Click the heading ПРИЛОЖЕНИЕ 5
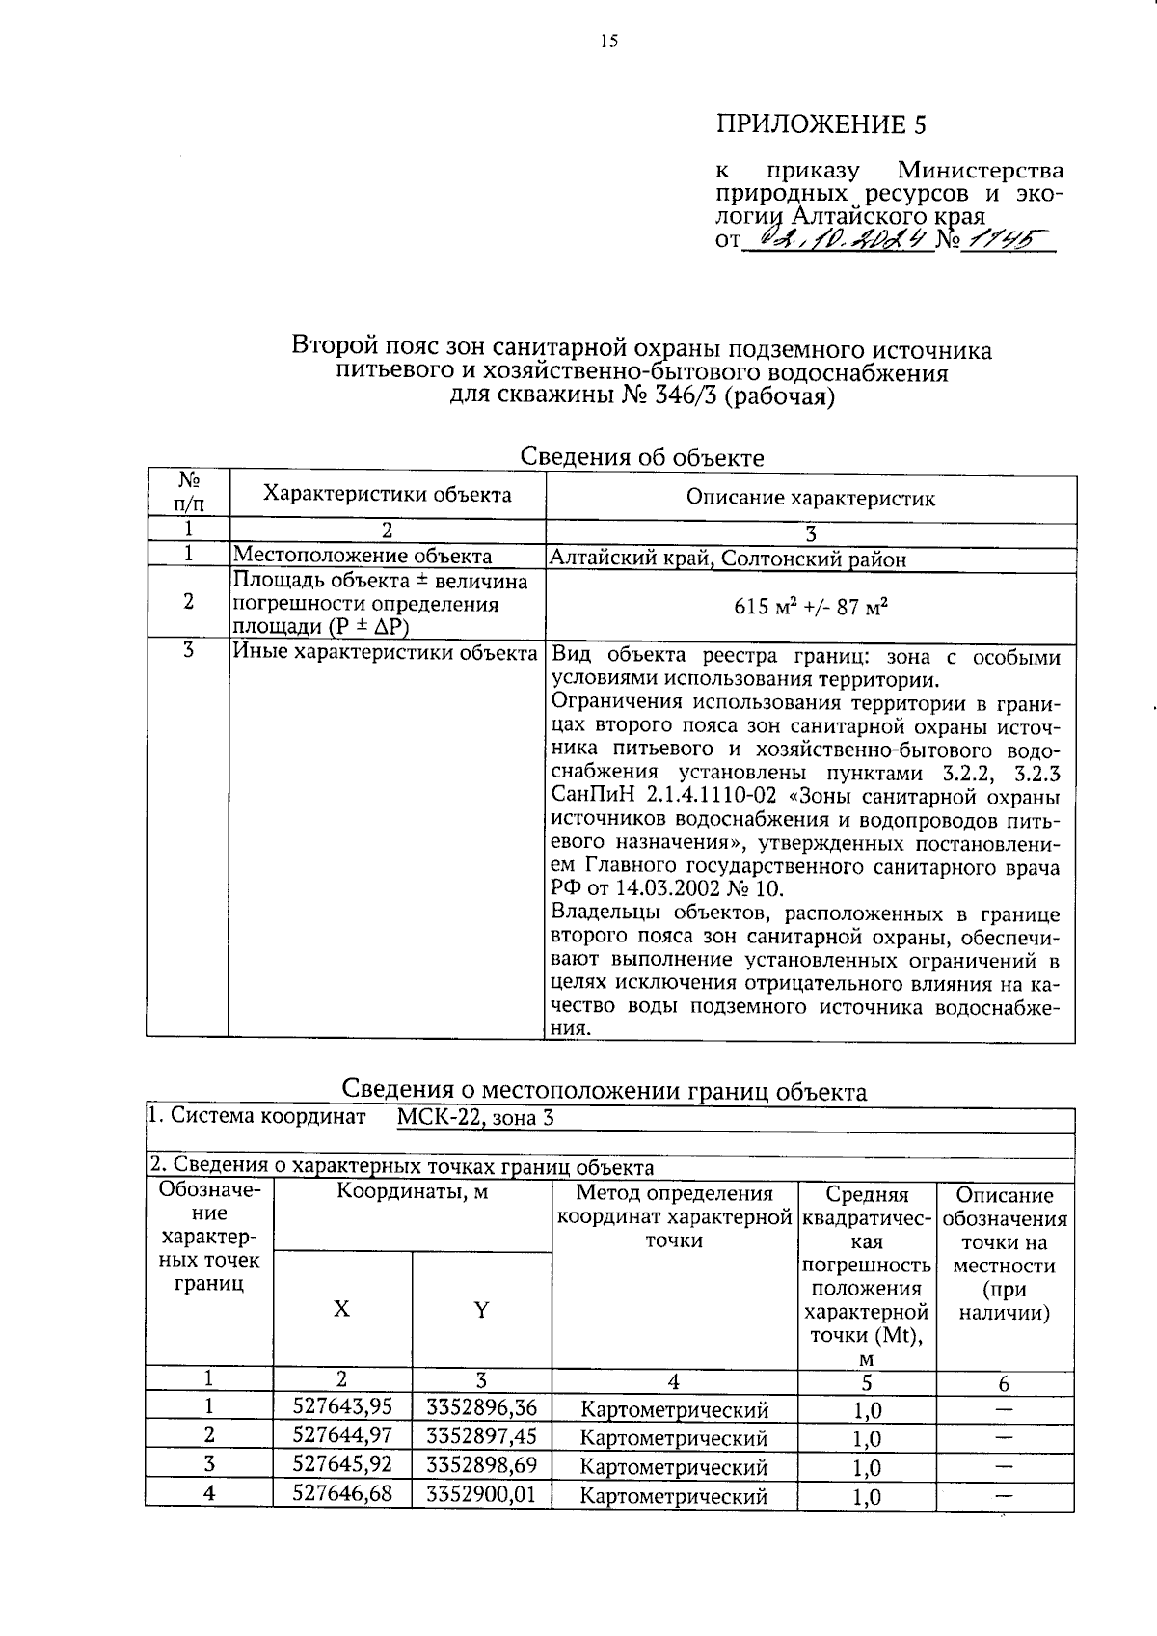pos(821,124)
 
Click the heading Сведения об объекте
pos(641,457)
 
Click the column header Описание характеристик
pos(810,499)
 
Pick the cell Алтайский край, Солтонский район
pos(728,559)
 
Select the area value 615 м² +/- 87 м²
pos(810,607)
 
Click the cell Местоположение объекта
pos(363,556)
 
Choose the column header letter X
pos(341,1309)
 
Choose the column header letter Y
pos(481,1309)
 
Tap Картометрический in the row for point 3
pos(674,1467)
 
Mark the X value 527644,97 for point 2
pos(342,1436)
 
